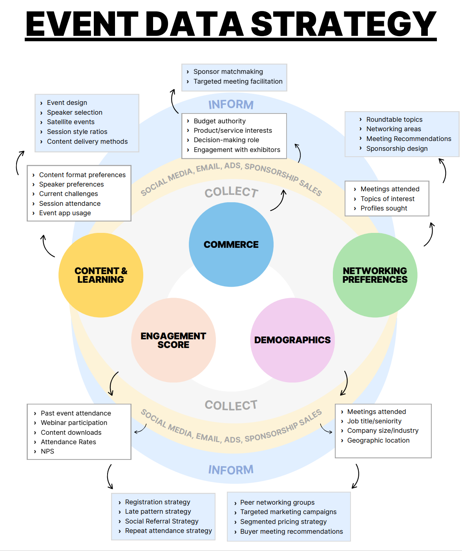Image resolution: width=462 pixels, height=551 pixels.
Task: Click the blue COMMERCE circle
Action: [x=231, y=244]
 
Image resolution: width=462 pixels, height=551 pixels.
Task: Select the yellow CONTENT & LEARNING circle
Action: [x=101, y=275]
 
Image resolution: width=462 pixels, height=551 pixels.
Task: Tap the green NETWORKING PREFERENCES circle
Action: [x=375, y=275]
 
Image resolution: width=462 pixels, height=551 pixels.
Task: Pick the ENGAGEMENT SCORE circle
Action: [x=173, y=340]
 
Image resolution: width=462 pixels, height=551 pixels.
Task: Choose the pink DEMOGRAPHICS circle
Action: [x=292, y=340]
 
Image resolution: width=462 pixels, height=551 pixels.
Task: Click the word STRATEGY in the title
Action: [x=343, y=24]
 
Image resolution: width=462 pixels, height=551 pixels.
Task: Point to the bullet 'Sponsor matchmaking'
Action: [x=228, y=71]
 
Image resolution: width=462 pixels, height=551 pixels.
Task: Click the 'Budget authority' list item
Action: [x=219, y=121]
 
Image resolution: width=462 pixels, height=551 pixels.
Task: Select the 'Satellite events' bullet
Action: [x=71, y=122]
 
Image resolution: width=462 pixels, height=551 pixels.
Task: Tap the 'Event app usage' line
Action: [x=65, y=213]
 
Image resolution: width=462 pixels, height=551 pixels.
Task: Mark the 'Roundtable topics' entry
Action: [x=394, y=119]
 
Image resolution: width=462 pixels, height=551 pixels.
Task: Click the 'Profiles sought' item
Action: [x=383, y=208]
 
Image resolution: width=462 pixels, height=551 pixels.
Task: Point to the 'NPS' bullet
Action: [x=47, y=451]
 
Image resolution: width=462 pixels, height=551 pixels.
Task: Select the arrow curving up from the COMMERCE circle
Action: [x=279, y=200]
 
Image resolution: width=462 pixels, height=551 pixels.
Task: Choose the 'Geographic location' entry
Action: [x=378, y=440]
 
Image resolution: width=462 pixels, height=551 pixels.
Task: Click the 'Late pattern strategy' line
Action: [x=158, y=511]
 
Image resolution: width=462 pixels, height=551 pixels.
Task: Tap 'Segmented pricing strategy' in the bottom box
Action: [x=283, y=522]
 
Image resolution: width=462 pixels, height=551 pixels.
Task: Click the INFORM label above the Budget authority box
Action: [x=231, y=104]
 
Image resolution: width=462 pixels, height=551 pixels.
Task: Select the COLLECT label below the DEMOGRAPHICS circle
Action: [x=231, y=405]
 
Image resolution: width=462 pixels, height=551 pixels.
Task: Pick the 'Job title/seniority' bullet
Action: [x=374, y=421]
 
